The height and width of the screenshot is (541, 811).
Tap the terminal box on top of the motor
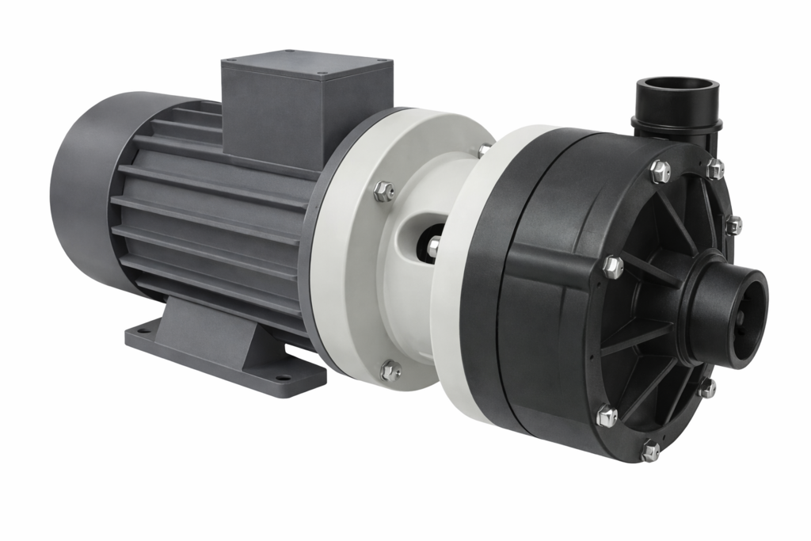tap(305, 107)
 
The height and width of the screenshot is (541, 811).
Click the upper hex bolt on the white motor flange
tap(383, 191)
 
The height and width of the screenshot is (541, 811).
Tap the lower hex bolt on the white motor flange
tap(390, 370)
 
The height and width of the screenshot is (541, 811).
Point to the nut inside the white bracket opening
tap(433, 246)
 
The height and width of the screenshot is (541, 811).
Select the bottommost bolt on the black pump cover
tap(650, 451)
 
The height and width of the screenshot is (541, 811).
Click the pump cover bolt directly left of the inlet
tap(612, 267)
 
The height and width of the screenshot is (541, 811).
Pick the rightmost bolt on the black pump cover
tap(733, 225)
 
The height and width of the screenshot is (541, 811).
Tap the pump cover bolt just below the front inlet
tap(706, 388)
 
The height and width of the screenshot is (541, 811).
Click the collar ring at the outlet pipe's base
tap(677, 124)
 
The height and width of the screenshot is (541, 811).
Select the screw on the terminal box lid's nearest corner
tap(322, 74)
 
